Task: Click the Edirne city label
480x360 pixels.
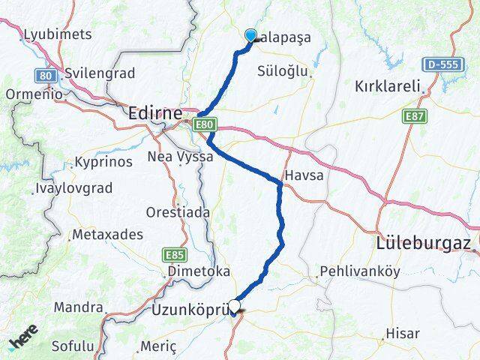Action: pyautogui.click(x=155, y=113)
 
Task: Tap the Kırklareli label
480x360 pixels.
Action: pyautogui.click(x=387, y=86)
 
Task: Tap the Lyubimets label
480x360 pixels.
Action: pyautogui.click(x=58, y=34)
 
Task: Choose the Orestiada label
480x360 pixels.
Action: pyautogui.click(x=178, y=212)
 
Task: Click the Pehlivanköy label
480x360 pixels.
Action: pyautogui.click(x=360, y=271)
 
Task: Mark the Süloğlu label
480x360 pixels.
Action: pyautogui.click(x=283, y=71)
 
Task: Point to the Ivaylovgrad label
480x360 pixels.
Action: pyautogui.click(x=73, y=189)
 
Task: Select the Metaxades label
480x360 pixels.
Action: pyautogui.click(x=107, y=235)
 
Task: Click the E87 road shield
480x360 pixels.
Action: pyautogui.click(x=413, y=116)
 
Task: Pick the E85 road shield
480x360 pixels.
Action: pyautogui.click(x=174, y=255)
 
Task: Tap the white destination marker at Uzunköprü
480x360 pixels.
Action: pyautogui.click(x=235, y=306)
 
